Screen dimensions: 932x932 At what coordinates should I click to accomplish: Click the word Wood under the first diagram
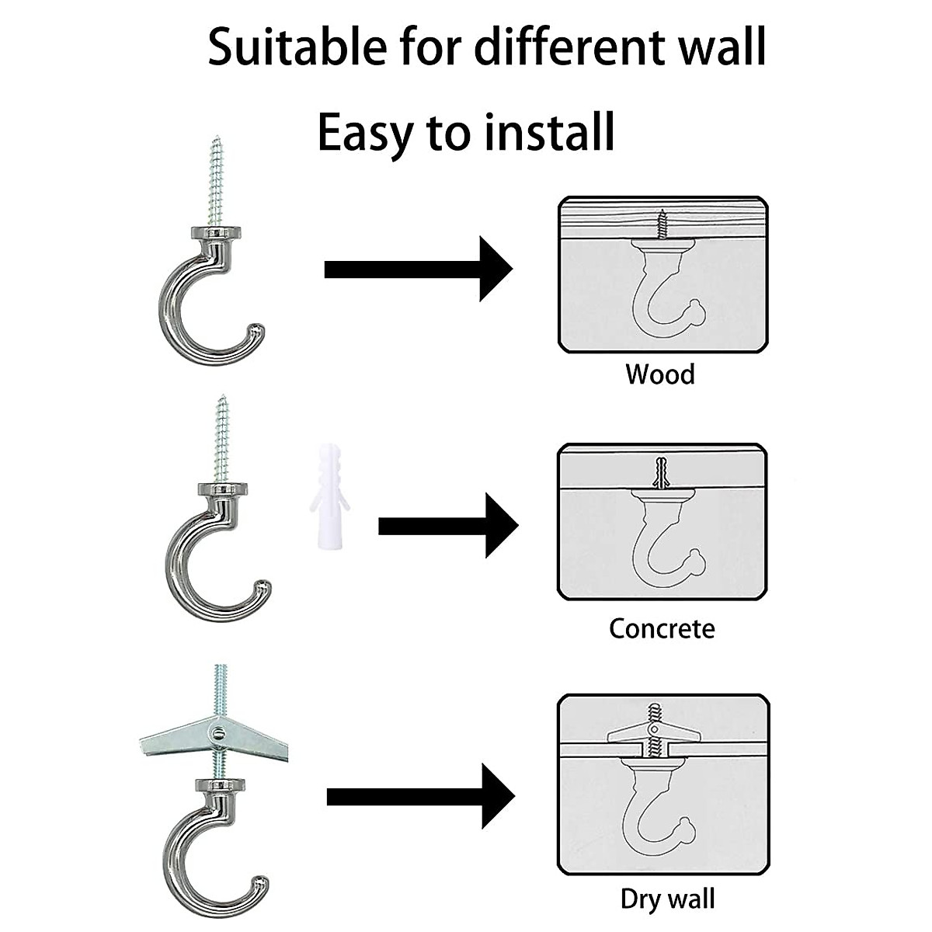[660, 374]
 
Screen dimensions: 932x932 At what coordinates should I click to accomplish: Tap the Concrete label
[662, 628]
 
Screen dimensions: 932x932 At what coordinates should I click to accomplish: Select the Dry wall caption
[667, 899]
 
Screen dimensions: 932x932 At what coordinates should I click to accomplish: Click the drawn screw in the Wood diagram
[662, 224]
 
